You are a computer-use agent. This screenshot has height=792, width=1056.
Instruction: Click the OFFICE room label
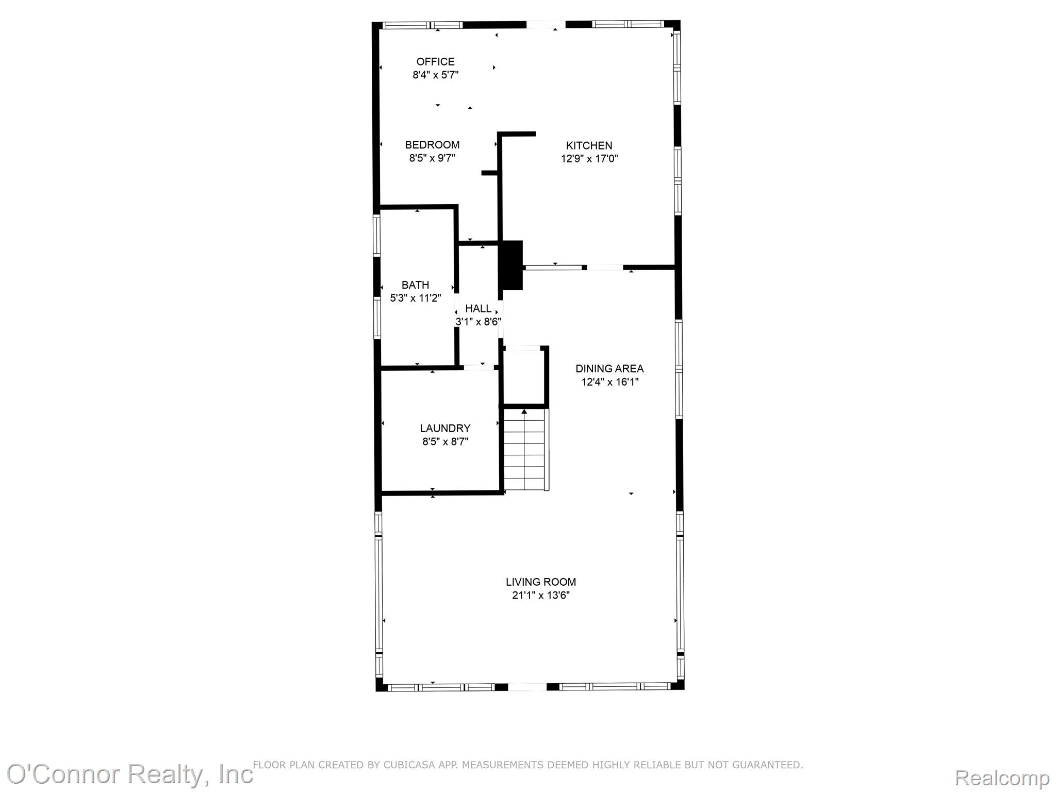(435, 62)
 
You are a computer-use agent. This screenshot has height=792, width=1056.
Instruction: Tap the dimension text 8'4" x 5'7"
(435, 75)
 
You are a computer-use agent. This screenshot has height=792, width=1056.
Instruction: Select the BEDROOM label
(432, 145)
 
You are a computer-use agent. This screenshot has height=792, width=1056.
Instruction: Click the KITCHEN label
(589, 145)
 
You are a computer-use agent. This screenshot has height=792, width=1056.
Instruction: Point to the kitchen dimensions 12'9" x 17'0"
(589, 159)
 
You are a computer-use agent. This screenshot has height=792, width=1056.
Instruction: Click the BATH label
(415, 285)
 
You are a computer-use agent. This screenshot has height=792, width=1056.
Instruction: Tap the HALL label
(478, 308)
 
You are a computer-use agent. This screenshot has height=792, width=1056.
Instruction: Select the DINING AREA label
(609, 369)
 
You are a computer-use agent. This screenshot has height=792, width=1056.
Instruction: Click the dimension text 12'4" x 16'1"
(609, 382)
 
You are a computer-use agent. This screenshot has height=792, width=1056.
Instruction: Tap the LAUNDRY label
(445, 428)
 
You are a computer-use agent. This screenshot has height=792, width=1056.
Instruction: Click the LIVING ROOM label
(540, 582)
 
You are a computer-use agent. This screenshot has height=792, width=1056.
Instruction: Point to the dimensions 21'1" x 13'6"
(540, 596)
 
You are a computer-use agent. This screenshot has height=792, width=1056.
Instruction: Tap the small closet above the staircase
(524, 377)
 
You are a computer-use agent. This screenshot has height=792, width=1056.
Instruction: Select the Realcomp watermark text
(1002, 778)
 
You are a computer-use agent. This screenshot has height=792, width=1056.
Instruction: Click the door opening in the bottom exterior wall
(527, 687)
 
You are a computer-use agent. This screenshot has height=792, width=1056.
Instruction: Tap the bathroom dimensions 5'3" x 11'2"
(415, 298)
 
